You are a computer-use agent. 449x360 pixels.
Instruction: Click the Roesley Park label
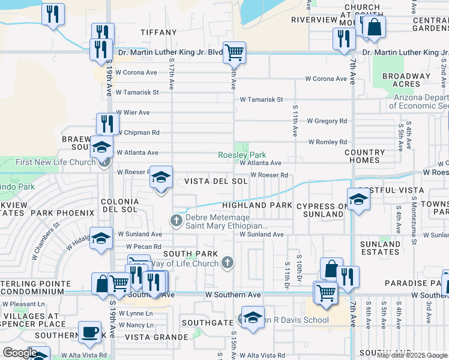[241, 154]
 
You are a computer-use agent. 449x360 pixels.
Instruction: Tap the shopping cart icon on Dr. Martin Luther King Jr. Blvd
[234, 52]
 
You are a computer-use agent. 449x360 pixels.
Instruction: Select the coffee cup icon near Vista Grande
[90, 332]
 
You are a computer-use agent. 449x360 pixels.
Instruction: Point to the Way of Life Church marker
[227, 262]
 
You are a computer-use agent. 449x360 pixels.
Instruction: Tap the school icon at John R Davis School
[253, 317]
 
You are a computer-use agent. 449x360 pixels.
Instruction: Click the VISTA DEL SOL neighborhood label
[215, 181]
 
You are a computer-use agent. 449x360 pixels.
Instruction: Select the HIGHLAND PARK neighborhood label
[257, 205]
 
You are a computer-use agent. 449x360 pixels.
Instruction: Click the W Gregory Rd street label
[327, 121]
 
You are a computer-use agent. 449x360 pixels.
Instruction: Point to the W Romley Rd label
[327, 142]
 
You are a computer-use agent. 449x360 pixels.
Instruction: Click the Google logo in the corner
[19, 353]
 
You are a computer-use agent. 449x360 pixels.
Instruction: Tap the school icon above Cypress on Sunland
[358, 199]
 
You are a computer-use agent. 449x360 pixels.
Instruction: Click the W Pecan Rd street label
[143, 247]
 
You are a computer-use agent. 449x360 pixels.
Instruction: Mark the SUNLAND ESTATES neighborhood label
[381, 248]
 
